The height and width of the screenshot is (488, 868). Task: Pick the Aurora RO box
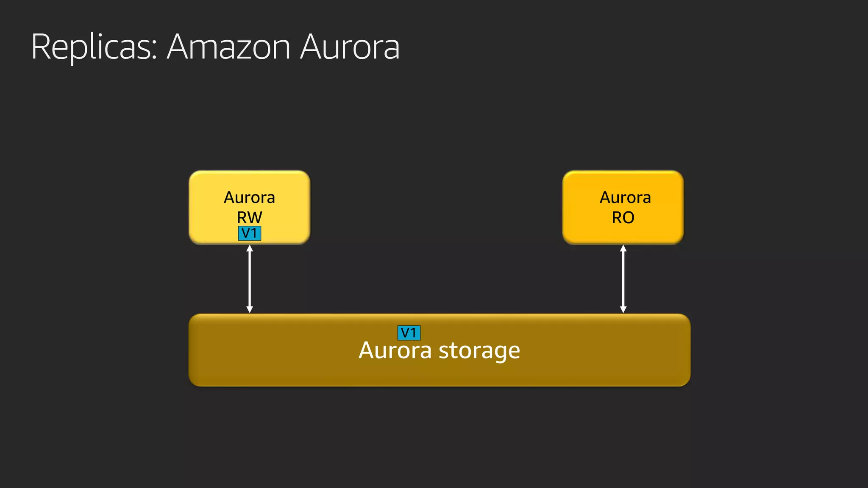[623, 207]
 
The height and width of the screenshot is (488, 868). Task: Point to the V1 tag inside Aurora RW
[249, 233]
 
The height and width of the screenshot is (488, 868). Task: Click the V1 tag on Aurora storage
[409, 333]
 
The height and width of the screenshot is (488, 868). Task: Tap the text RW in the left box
[249, 217]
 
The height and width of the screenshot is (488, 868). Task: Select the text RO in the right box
[623, 217]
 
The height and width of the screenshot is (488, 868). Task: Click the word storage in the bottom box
[479, 351]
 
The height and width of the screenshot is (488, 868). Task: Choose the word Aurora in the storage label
[395, 351]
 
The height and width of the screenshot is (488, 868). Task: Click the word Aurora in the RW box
[249, 197]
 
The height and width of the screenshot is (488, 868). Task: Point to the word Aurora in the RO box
[625, 197]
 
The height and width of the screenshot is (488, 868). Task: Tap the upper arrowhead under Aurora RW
[250, 248]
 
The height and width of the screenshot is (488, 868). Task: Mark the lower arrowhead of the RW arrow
[250, 310]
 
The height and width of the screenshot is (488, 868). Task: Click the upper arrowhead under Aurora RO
[623, 248]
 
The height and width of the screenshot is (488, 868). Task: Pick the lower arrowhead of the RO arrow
[623, 310]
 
